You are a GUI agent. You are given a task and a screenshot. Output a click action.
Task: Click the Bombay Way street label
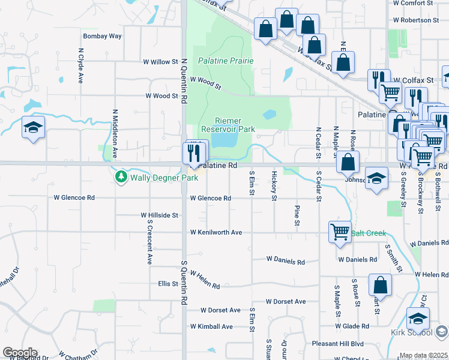[x=102, y=36]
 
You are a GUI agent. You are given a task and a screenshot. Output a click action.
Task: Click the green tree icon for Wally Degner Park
[x=121, y=176]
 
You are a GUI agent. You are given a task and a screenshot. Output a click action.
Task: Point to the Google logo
[x=19, y=353]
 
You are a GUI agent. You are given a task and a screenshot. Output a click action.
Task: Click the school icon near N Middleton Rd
[x=34, y=127]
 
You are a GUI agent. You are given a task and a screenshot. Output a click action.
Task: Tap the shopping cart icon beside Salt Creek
[x=340, y=231]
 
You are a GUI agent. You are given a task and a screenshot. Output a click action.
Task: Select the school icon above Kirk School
[x=418, y=317]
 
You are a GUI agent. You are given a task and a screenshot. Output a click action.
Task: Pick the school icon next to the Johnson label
[x=376, y=179]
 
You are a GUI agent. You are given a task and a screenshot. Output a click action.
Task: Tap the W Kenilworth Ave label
[x=216, y=232]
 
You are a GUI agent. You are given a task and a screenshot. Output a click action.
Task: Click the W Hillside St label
[x=160, y=215]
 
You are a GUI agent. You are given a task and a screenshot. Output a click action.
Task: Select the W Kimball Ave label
[x=211, y=326]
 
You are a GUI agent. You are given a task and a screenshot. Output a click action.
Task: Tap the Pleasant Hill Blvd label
[x=338, y=344]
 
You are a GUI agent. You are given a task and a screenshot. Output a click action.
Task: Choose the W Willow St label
[x=160, y=62]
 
